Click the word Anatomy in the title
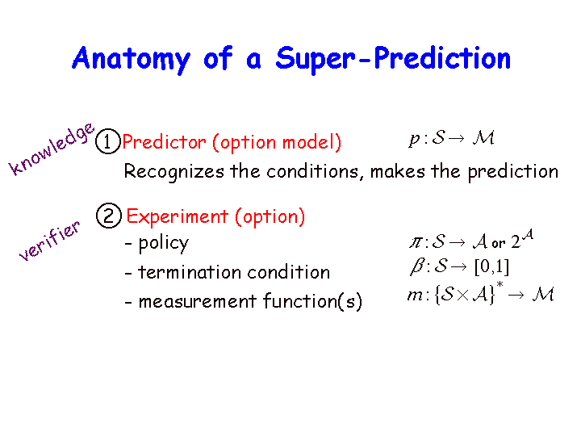(132, 59)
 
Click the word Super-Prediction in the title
(393, 59)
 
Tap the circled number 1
(108, 141)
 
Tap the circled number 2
(109, 216)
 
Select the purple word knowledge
(51, 149)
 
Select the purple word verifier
(49, 241)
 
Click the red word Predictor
(164, 142)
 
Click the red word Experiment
(178, 216)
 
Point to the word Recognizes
(174, 172)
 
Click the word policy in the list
(163, 245)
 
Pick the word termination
(190, 272)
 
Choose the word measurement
(198, 301)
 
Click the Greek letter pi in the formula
(416, 243)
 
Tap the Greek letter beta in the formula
(417, 267)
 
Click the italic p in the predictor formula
(414, 140)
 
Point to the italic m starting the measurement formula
(415, 296)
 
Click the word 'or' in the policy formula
(499, 244)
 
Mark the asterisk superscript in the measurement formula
(499, 285)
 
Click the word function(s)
(313, 301)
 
